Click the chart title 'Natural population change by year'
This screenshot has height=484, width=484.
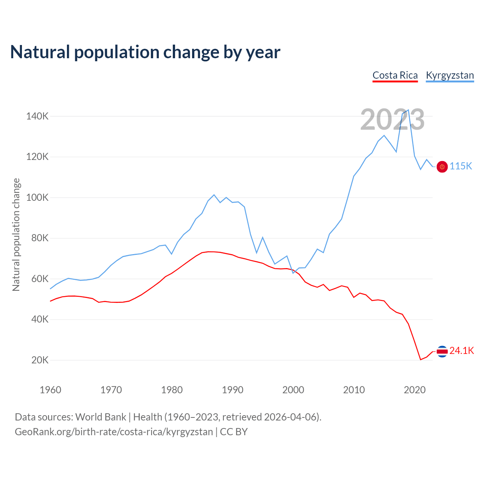[x=145, y=52]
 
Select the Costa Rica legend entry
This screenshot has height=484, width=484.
[x=395, y=75]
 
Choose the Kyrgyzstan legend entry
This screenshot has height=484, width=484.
[x=450, y=75]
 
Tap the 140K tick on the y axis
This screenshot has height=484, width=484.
[x=37, y=116]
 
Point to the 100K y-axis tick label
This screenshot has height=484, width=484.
[x=37, y=197]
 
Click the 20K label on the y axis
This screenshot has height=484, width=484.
[x=40, y=360]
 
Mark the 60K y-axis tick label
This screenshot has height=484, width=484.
[x=40, y=279]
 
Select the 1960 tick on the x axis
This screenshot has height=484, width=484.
[x=50, y=390]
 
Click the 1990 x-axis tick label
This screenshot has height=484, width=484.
[x=233, y=390]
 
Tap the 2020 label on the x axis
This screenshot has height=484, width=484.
[x=415, y=390]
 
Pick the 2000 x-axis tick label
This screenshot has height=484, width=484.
[x=293, y=390]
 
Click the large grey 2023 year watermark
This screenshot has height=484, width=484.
[x=392, y=120]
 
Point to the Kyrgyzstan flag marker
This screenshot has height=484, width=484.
[x=442, y=166]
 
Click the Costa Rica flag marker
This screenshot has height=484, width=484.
[x=442, y=351]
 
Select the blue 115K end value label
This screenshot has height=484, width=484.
[x=461, y=166]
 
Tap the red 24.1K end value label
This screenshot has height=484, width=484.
[x=462, y=351]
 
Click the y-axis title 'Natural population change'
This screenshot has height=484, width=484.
[x=16, y=234]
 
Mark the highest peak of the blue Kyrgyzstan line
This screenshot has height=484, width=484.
[x=408, y=110]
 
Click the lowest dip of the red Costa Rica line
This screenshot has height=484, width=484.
[x=420, y=360]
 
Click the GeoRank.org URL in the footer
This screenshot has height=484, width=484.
[x=114, y=432]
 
